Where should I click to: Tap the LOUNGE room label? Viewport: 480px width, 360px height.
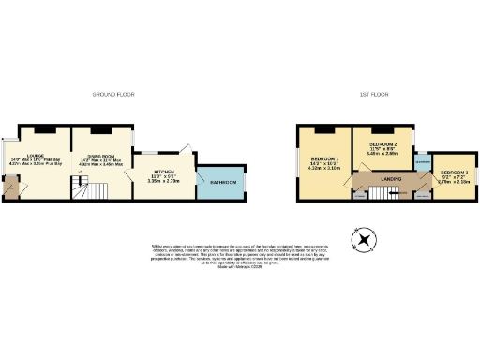37,156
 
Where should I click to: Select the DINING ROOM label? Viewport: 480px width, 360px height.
103,156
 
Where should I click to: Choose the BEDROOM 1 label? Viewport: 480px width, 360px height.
324,158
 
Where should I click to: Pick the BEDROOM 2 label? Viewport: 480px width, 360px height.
384,143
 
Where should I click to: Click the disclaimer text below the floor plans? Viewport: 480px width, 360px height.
240,254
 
